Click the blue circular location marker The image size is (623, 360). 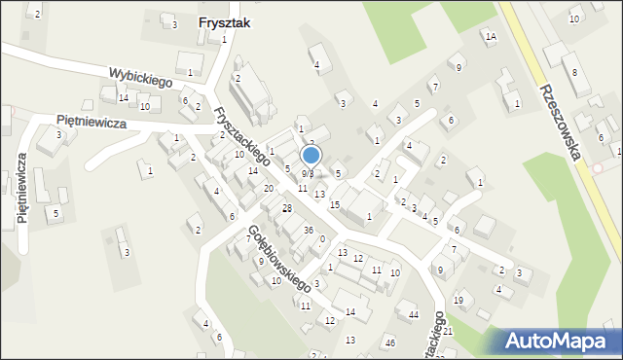click(311, 156)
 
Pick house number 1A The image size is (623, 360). click(491, 36)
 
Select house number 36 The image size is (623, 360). click(308, 230)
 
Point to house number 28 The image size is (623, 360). click(287, 209)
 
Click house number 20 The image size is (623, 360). click(269, 188)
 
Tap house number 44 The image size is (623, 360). click(414, 314)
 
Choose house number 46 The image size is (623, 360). click(390, 342)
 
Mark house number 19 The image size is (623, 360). click(458, 300)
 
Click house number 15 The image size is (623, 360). click(334, 204)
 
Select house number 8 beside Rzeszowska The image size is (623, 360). click(574, 72)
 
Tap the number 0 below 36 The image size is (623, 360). click(321, 239)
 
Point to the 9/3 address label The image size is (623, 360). click(306, 173)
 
